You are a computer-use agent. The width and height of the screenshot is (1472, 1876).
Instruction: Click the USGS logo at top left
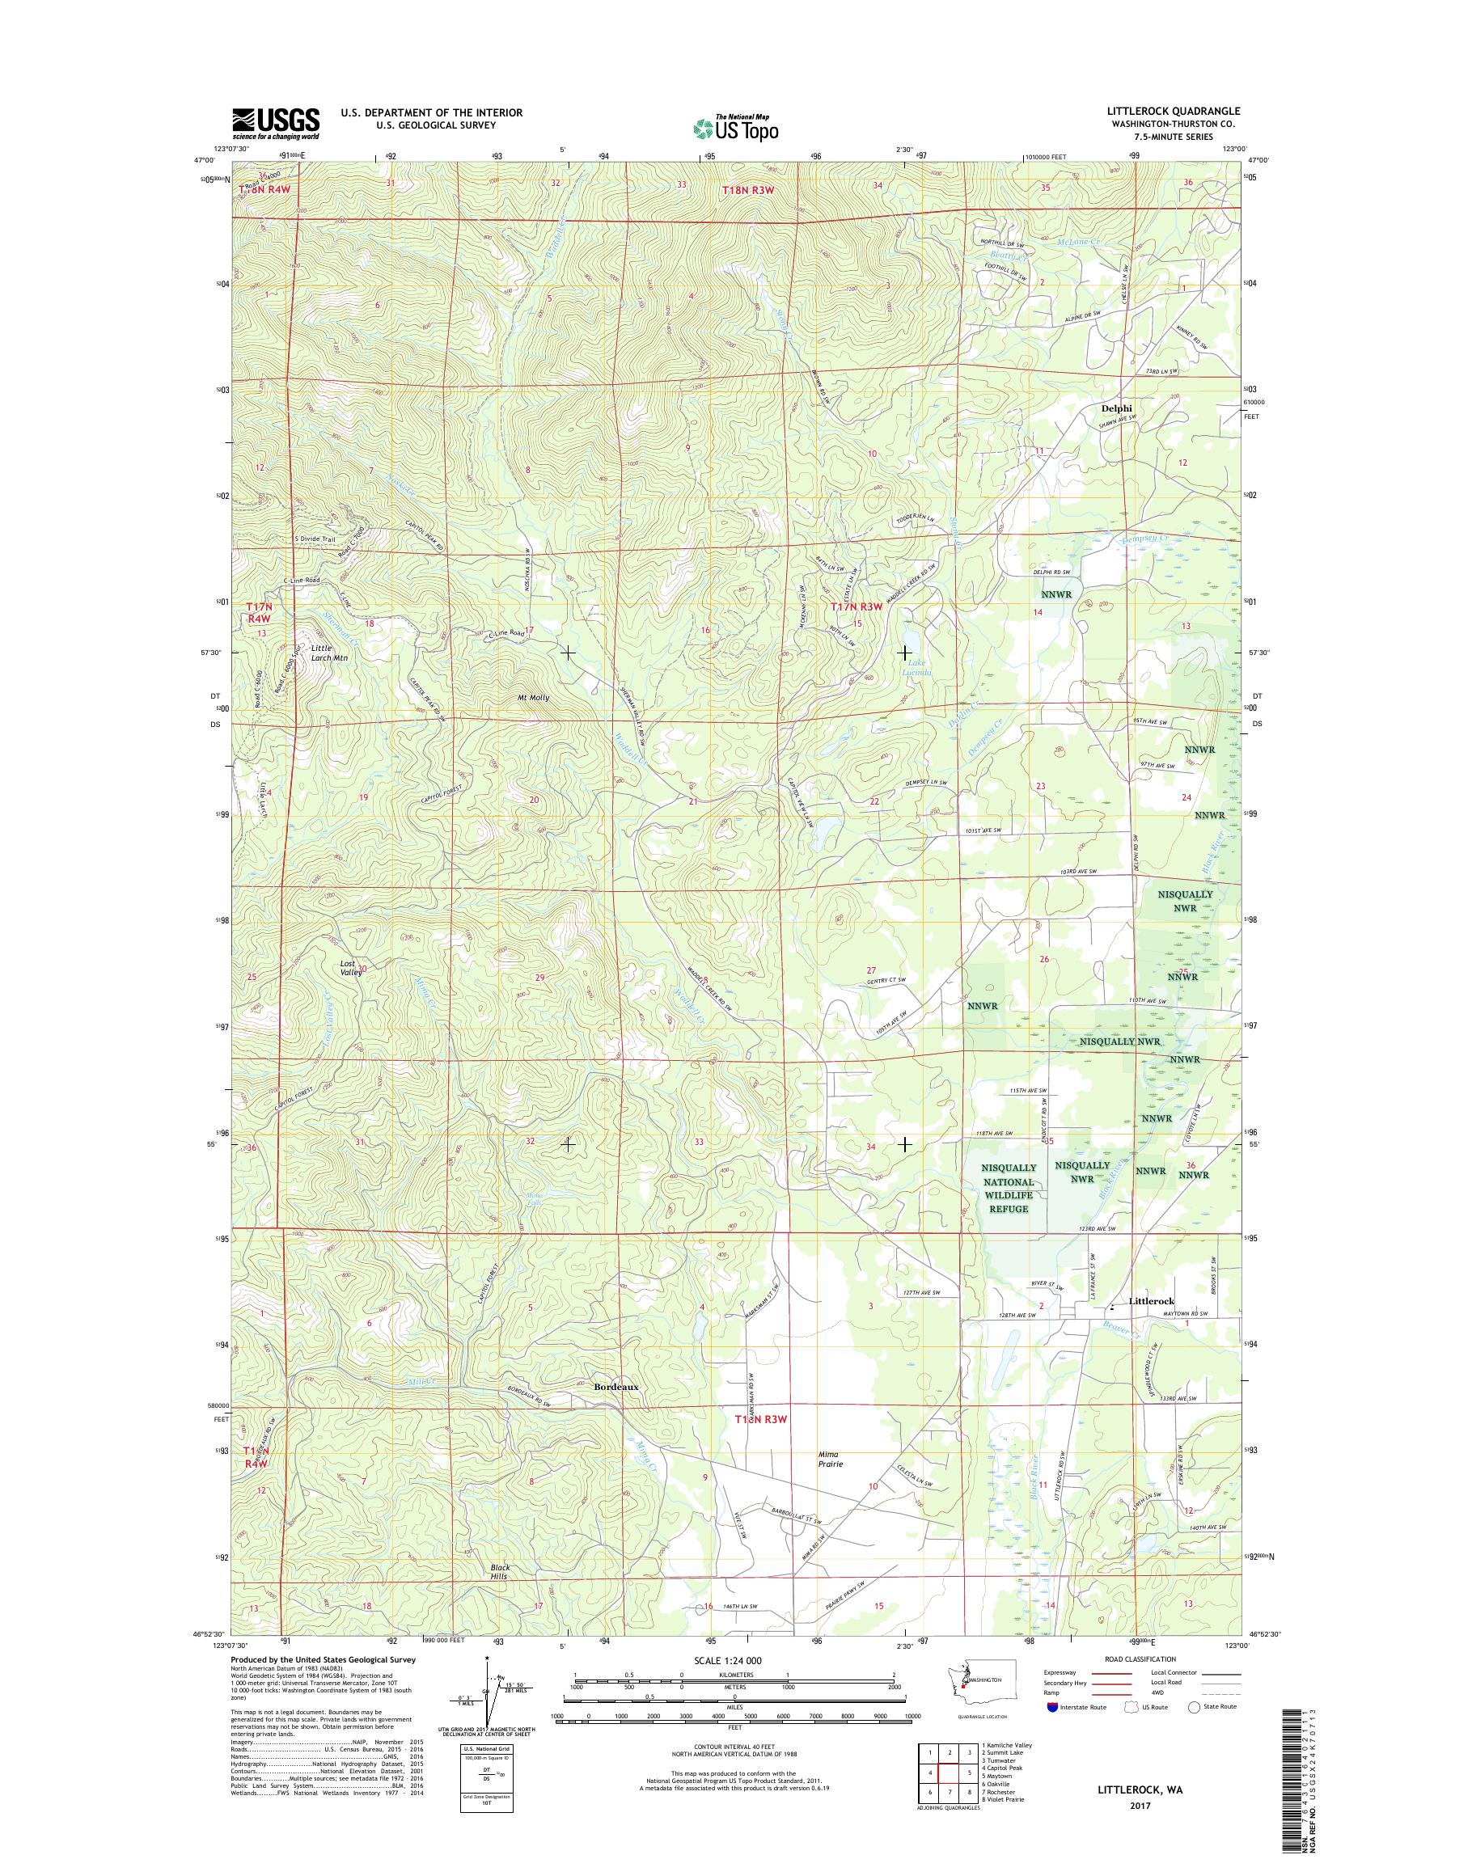pyautogui.click(x=275, y=123)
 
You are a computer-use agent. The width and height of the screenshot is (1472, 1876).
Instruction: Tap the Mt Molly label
pyautogui.click(x=534, y=697)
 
